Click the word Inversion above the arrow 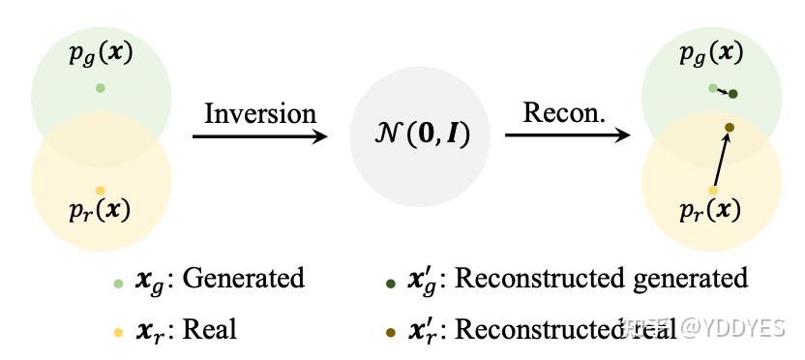[x=259, y=113]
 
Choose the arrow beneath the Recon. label [x=567, y=136]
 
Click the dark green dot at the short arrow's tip [x=732, y=94]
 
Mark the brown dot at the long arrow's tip [x=729, y=128]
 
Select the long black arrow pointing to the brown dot [x=721, y=159]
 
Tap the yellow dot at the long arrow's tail [x=713, y=191]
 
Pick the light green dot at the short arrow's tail [x=713, y=88]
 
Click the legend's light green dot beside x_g [x=118, y=284]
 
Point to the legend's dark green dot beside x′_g [x=390, y=284]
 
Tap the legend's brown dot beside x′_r [x=390, y=332]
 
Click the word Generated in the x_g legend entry [x=243, y=280]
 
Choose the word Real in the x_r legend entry [x=210, y=329]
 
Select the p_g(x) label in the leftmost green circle [x=101, y=53]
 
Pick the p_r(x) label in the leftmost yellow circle [x=101, y=210]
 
